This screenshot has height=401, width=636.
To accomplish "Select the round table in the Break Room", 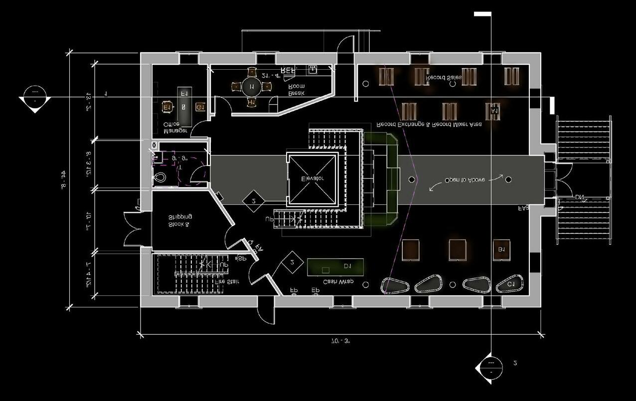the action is click(x=251, y=87).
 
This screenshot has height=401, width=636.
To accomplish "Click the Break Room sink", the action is click(x=313, y=69).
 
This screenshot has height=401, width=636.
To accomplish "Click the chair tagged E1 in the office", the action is click(x=166, y=107).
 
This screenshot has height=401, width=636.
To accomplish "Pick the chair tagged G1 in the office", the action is click(x=199, y=107).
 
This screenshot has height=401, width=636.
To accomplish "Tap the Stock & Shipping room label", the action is click(x=180, y=221).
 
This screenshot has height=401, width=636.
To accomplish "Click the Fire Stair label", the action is click(x=227, y=281).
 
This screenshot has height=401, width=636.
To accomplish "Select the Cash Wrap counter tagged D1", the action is click(x=335, y=267).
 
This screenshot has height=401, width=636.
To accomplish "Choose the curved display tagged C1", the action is click(x=509, y=283).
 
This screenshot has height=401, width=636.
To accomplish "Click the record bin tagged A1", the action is click(x=493, y=111).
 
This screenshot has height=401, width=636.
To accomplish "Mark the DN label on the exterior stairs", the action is click(x=579, y=198).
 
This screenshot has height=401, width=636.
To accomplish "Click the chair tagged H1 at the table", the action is click(x=251, y=102).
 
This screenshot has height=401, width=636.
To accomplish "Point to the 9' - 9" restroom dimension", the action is click(x=180, y=158).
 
